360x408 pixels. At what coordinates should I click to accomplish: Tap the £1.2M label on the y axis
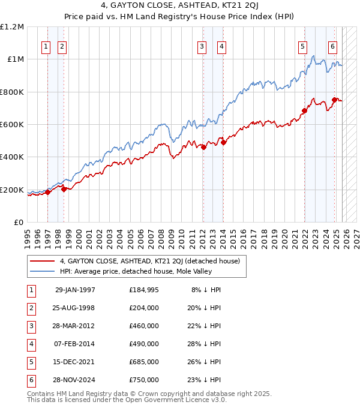[13, 27]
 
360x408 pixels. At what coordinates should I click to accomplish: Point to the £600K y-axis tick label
[12, 125]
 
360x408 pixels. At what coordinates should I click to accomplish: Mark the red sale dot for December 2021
[304, 110]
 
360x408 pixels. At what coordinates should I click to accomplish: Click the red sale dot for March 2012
[203, 147]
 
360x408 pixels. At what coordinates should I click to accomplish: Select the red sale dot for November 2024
[334, 100]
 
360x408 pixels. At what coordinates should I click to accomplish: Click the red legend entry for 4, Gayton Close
[149, 261]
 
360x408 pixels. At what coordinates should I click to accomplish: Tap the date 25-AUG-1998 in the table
[75, 308]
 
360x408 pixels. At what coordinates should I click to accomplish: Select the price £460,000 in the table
[143, 326]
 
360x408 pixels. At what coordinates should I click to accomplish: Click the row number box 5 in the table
[31, 362]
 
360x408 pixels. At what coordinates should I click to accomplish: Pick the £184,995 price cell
[143, 290]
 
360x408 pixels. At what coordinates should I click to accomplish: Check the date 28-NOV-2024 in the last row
[75, 380]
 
